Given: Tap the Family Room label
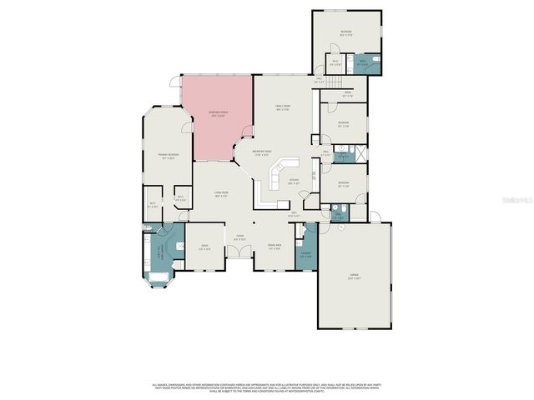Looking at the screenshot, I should pos(282,108).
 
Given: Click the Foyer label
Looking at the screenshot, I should pos(239,237).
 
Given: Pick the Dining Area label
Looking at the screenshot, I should pos(274,246).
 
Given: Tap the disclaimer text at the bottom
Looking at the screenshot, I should pos(266,387).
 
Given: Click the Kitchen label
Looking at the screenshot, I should pos(294,182).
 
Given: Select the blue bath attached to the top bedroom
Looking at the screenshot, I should pos(365,62).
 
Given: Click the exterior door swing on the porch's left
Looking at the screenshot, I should pos(175,82).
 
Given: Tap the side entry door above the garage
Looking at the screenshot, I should pos(375,218).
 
